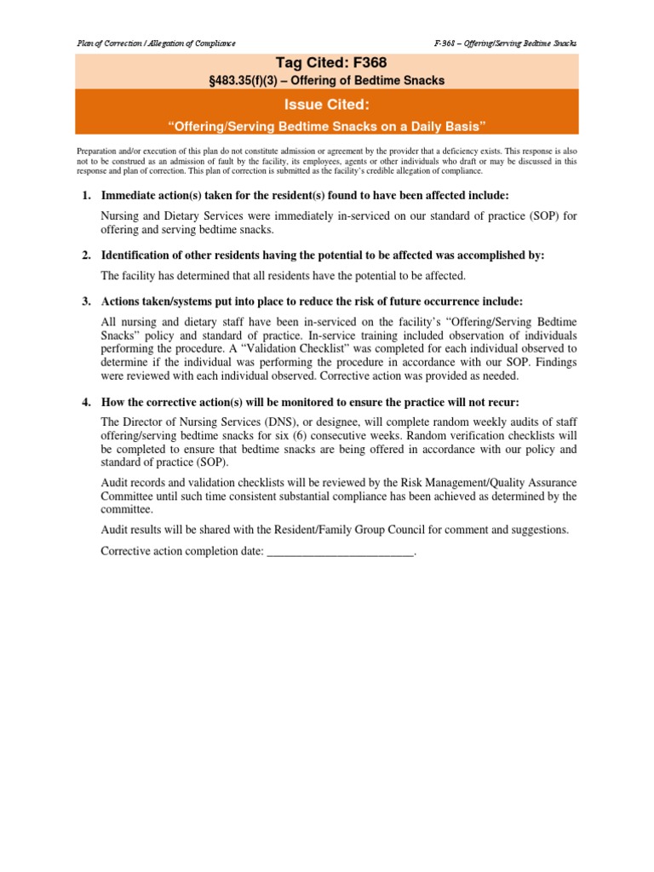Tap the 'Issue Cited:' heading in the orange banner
point(327,104)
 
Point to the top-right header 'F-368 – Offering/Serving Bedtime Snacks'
point(505,43)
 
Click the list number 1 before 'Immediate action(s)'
point(86,196)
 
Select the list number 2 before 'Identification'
point(86,255)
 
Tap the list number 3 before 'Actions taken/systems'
point(86,301)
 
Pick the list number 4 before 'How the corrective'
point(86,402)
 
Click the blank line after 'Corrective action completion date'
point(341,551)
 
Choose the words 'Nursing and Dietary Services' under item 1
point(173,216)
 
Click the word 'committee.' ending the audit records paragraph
point(128,508)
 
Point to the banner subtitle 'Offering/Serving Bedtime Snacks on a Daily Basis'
point(327,126)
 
